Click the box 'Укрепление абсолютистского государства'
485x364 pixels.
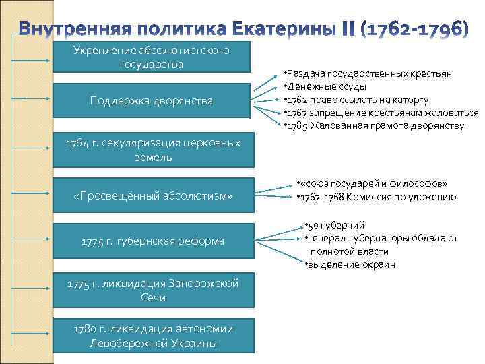(x=152, y=57)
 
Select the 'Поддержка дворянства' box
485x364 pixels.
(x=152, y=100)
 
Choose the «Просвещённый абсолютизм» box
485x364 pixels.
(x=152, y=195)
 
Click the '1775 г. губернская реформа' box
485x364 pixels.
(x=152, y=241)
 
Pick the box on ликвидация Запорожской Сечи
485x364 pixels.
(x=152, y=291)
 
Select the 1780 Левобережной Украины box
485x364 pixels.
(x=152, y=336)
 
